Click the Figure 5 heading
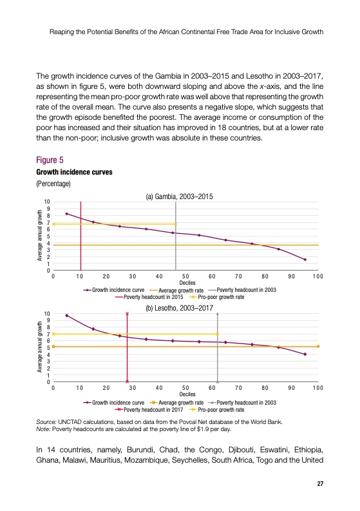[x=50, y=160]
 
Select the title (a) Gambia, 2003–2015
[x=179, y=197]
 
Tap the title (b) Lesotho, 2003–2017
[x=179, y=308]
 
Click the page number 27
[x=320, y=484]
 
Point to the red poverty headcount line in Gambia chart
[x=81, y=236]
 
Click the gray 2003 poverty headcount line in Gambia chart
[x=176, y=236]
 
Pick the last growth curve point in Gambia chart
[x=305, y=260]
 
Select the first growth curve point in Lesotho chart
[x=67, y=316]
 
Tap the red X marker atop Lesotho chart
[x=127, y=314]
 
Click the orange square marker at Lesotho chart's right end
[x=318, y=346]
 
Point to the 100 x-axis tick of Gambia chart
[x=318, y=276]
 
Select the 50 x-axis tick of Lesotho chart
[x=185, y=388]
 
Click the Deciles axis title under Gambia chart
[x=187, y=283]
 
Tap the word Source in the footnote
[x=46, y=421]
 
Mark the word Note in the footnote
[x=43, y=429]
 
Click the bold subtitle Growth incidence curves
[x=74, y=172]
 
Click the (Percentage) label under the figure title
[x=53, y=184]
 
